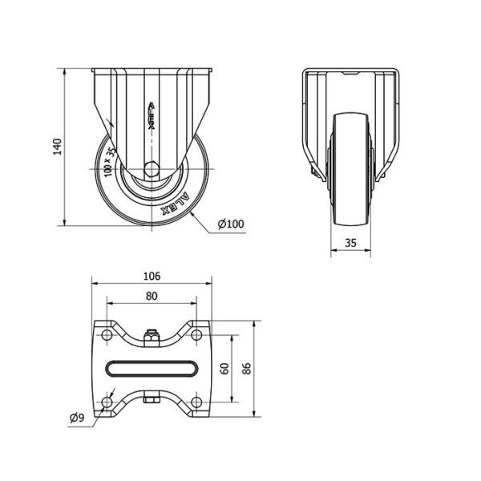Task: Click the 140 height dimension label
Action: (x=58, y=147)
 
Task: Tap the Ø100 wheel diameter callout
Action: (x=231, y=224)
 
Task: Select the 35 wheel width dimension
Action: (x=350, y=243)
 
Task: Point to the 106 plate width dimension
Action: (x=152, y=277)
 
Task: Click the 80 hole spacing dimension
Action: (x=152, y=296)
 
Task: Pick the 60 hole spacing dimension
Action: (x=224, y=369)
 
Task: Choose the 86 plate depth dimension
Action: (x=247, y=369)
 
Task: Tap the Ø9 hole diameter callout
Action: (x=77, y=418)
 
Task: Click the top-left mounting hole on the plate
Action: (x=107, y=335)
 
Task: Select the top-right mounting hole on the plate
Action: (x=196, y=335)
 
